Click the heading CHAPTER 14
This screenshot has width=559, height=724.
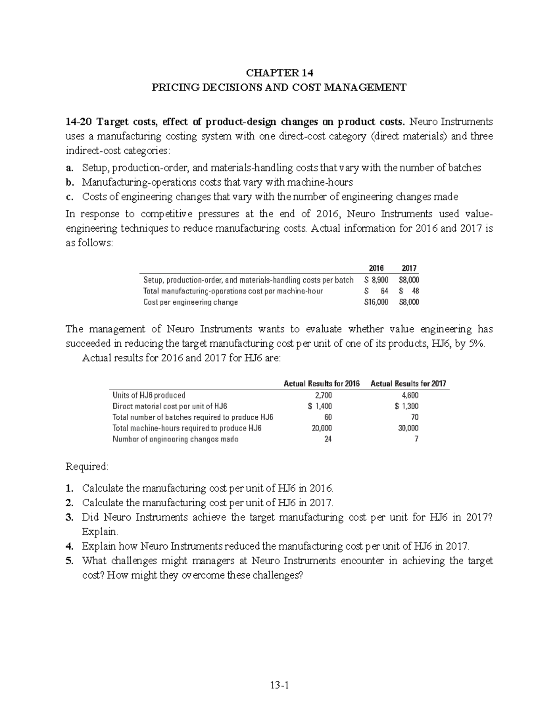pyautogui.click(x=279, y=73)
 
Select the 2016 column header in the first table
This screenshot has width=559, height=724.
pyautogui.click(x=376, y=269)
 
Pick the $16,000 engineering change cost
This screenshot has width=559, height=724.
pyautogui.click(x=376, y=302)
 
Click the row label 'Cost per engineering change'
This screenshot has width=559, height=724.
pyautogui.click(x=191, y=302)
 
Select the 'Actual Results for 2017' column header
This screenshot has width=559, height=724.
pyautogui.click(x=408, y=384)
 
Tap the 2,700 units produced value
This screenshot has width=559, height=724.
pyautogui.click(x=323, y=395)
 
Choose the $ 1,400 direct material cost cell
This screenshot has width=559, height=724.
pyautogui.click(x=320, y=406)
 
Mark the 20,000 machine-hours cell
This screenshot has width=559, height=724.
pyautogui.click(x=322, y=428)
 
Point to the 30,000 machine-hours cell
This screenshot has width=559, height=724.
pyautogui.click(x=408, y=428)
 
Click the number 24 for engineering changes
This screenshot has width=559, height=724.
pyautogui.click(x=327, y=439)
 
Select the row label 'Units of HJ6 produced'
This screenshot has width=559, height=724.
pyautogui.click(x=149, y=395)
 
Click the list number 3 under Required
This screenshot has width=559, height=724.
pyautogui.click(x=69, y=517)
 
